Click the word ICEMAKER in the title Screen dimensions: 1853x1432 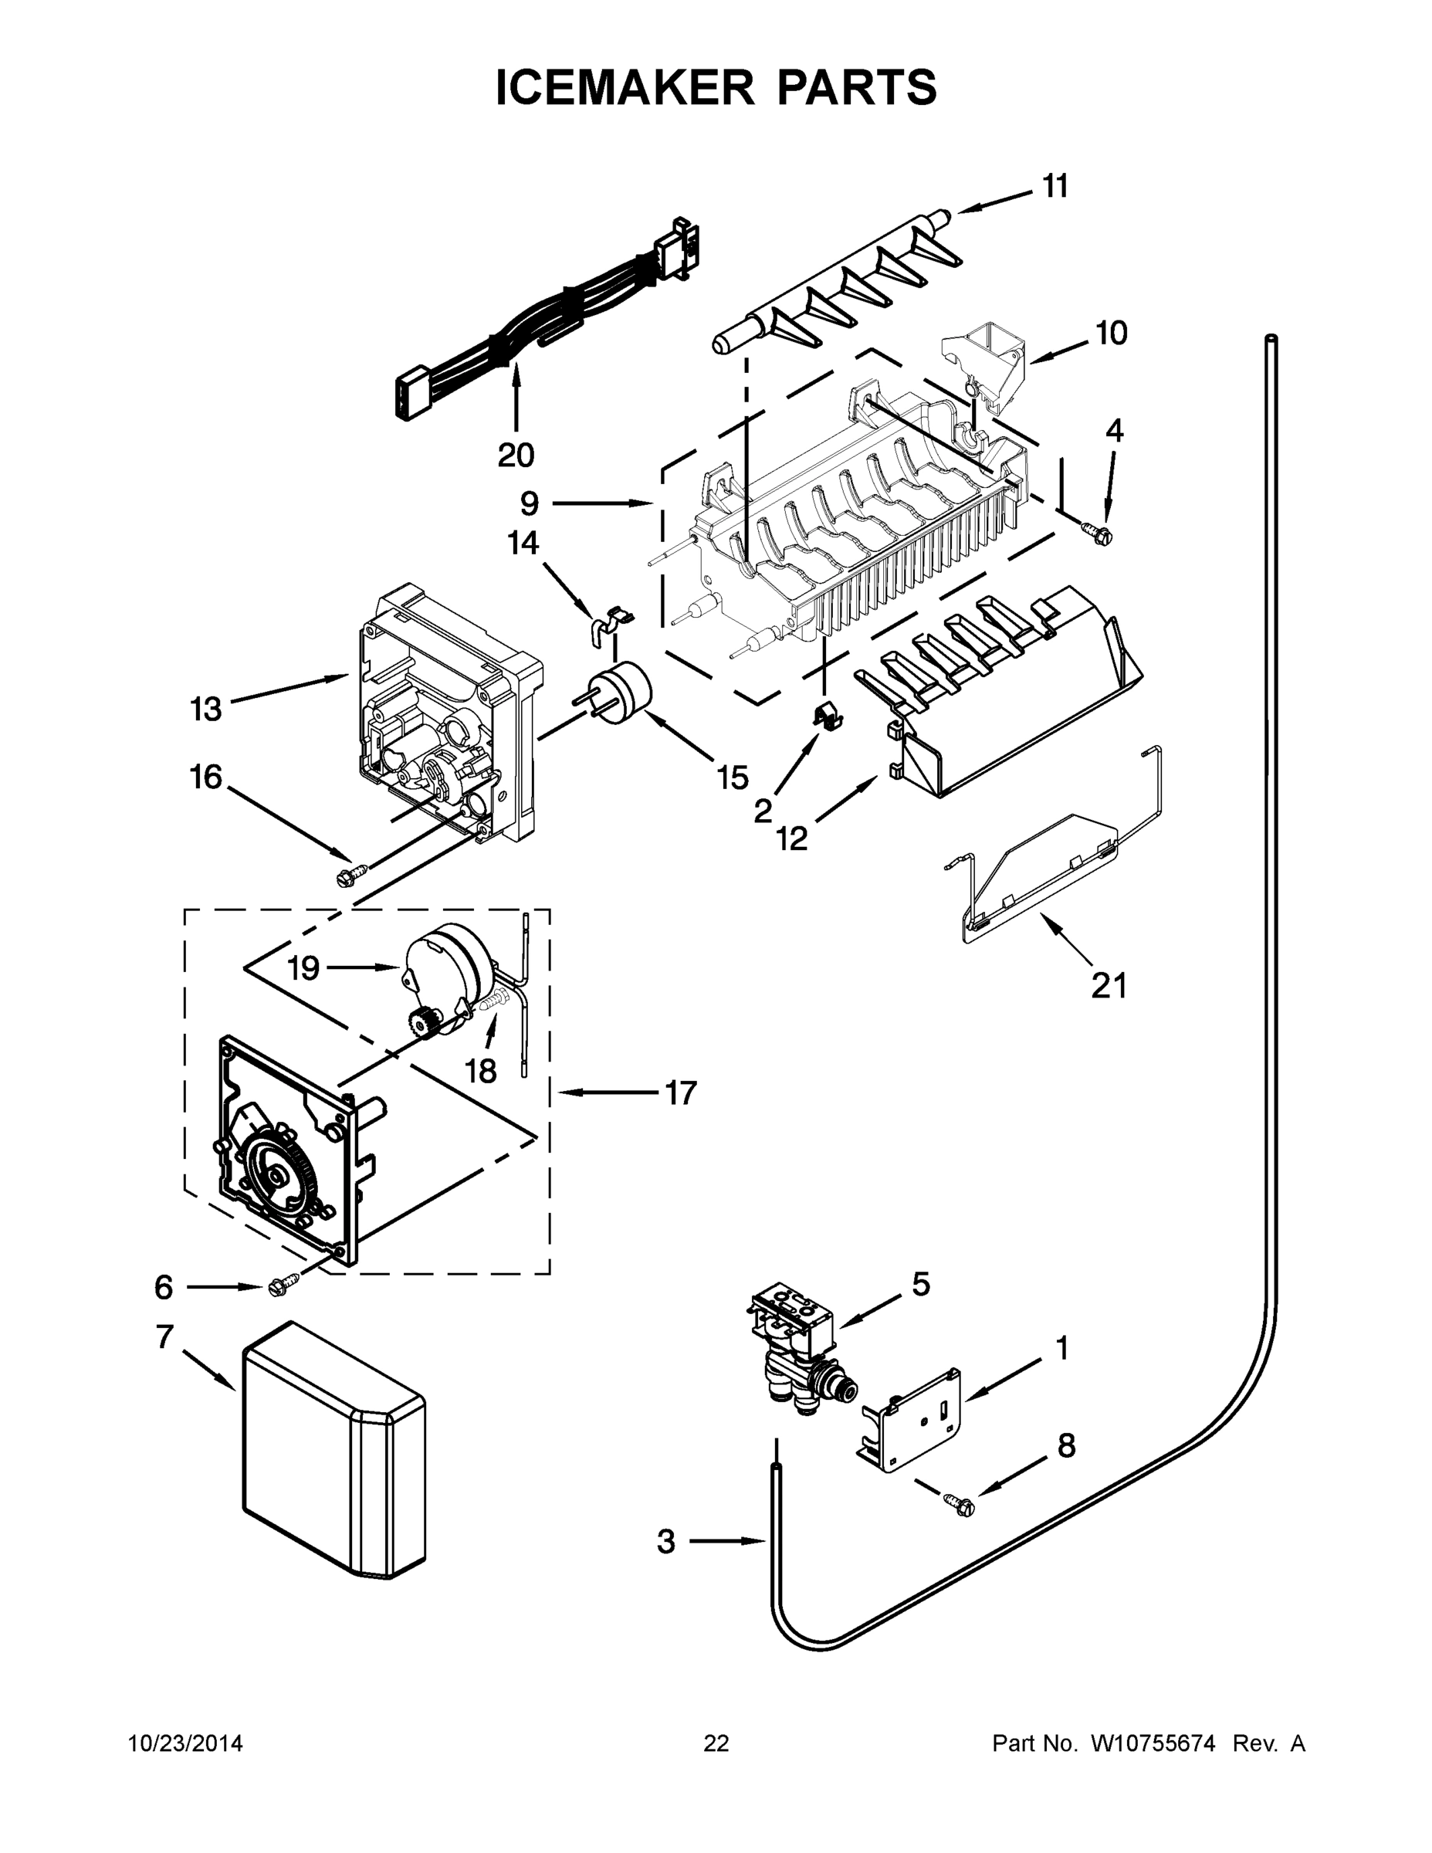[x=624, y=87]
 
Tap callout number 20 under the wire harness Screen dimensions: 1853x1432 [x=516, y=456]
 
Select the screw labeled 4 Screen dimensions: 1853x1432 [x=1099, y=532]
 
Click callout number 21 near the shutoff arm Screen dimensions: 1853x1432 [x=1108, y=986]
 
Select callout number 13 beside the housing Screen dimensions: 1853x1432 [x=206, y=709]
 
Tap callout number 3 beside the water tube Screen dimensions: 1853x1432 [x=667, y=1542]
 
